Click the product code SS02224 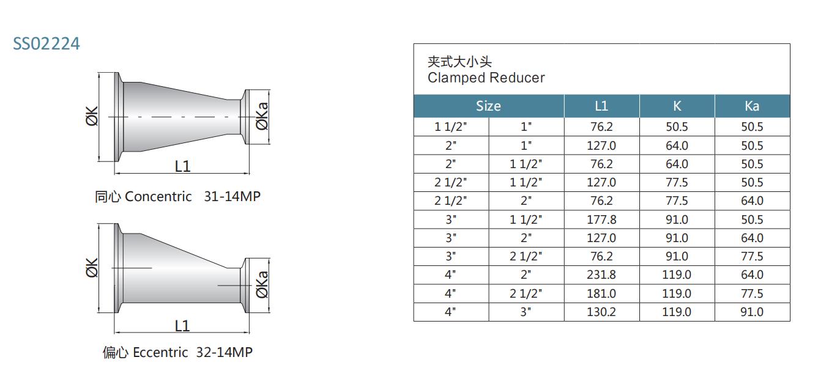pos(46,44)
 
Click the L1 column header pos(601,106)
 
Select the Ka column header pos(752,106)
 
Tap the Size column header pos(488,106)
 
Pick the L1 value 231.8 pos(601,275)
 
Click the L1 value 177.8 pos(601,219)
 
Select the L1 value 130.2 pos(601,312)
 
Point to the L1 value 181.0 pos(601,293)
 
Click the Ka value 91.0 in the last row pos(752,312)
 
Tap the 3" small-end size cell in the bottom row pos(526,312)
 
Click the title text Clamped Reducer pos(486,78)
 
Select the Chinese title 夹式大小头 pos(459,62)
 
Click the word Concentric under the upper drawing pos(158,197)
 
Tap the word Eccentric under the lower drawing pos(160,353)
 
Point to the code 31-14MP pos(232,197)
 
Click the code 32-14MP pos(224,353)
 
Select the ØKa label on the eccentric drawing pos(262,284)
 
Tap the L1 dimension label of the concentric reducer pos(182,166)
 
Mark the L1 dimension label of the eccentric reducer pos(182,326)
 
